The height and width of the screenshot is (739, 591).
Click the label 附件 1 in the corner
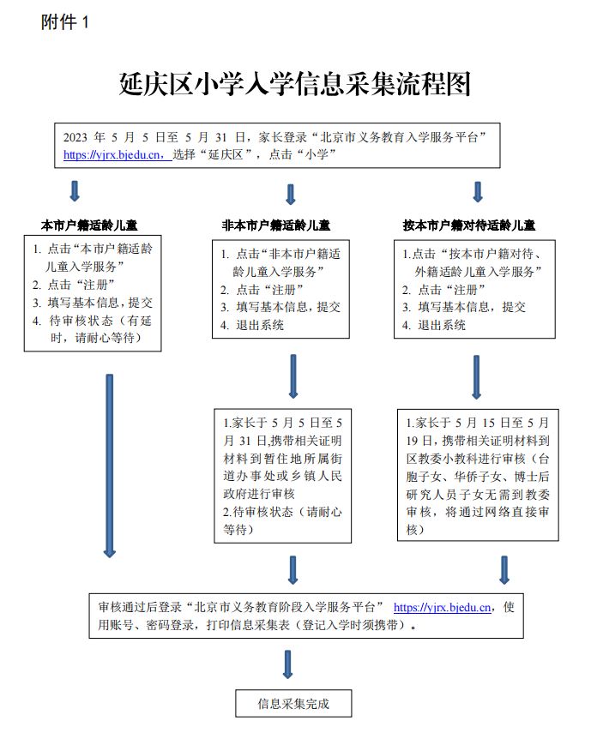pyautogui.click(x=64, y=22)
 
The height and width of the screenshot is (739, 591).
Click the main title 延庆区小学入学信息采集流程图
pyautogui.click(x=295, y=84)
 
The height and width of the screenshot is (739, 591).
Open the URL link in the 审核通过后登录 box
pyautogui.click(x=442, y=607)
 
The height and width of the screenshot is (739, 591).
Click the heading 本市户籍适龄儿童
pyautogui.click(x=89, y=225)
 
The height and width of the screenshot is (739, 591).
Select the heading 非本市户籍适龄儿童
pyautogui.click(x=276, y=225)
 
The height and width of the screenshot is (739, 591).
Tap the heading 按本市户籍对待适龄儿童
pyautogui.click(x=469, y=225)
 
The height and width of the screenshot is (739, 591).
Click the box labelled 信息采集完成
pyautogui.click(x=293, y=703)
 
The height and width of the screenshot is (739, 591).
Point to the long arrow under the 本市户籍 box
pyautogui.click(x=110, y=466)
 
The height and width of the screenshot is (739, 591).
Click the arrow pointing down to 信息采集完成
pyautogui.click(x=287, y=664)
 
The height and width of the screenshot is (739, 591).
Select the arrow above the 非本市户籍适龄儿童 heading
pyautogui.click(x=291, y=194)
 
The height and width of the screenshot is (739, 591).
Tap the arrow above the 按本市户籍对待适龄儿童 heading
pyautogui.click(x=478, y=192)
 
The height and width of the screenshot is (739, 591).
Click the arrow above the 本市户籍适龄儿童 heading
pyautogui.click(x=75, y=191)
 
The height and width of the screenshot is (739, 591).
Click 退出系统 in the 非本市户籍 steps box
pyautogui.click(x=260, y=325)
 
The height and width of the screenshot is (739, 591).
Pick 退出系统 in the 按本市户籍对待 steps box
pyautogui.click(x=442, y=325)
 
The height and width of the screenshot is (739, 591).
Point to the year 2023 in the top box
pyautogui.click(x=75, y=137)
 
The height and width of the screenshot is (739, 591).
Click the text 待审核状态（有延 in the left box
pyautogui.click(x=100, y=321)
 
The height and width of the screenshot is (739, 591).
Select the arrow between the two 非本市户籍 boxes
pyautogui.click(x=292, y=376)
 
